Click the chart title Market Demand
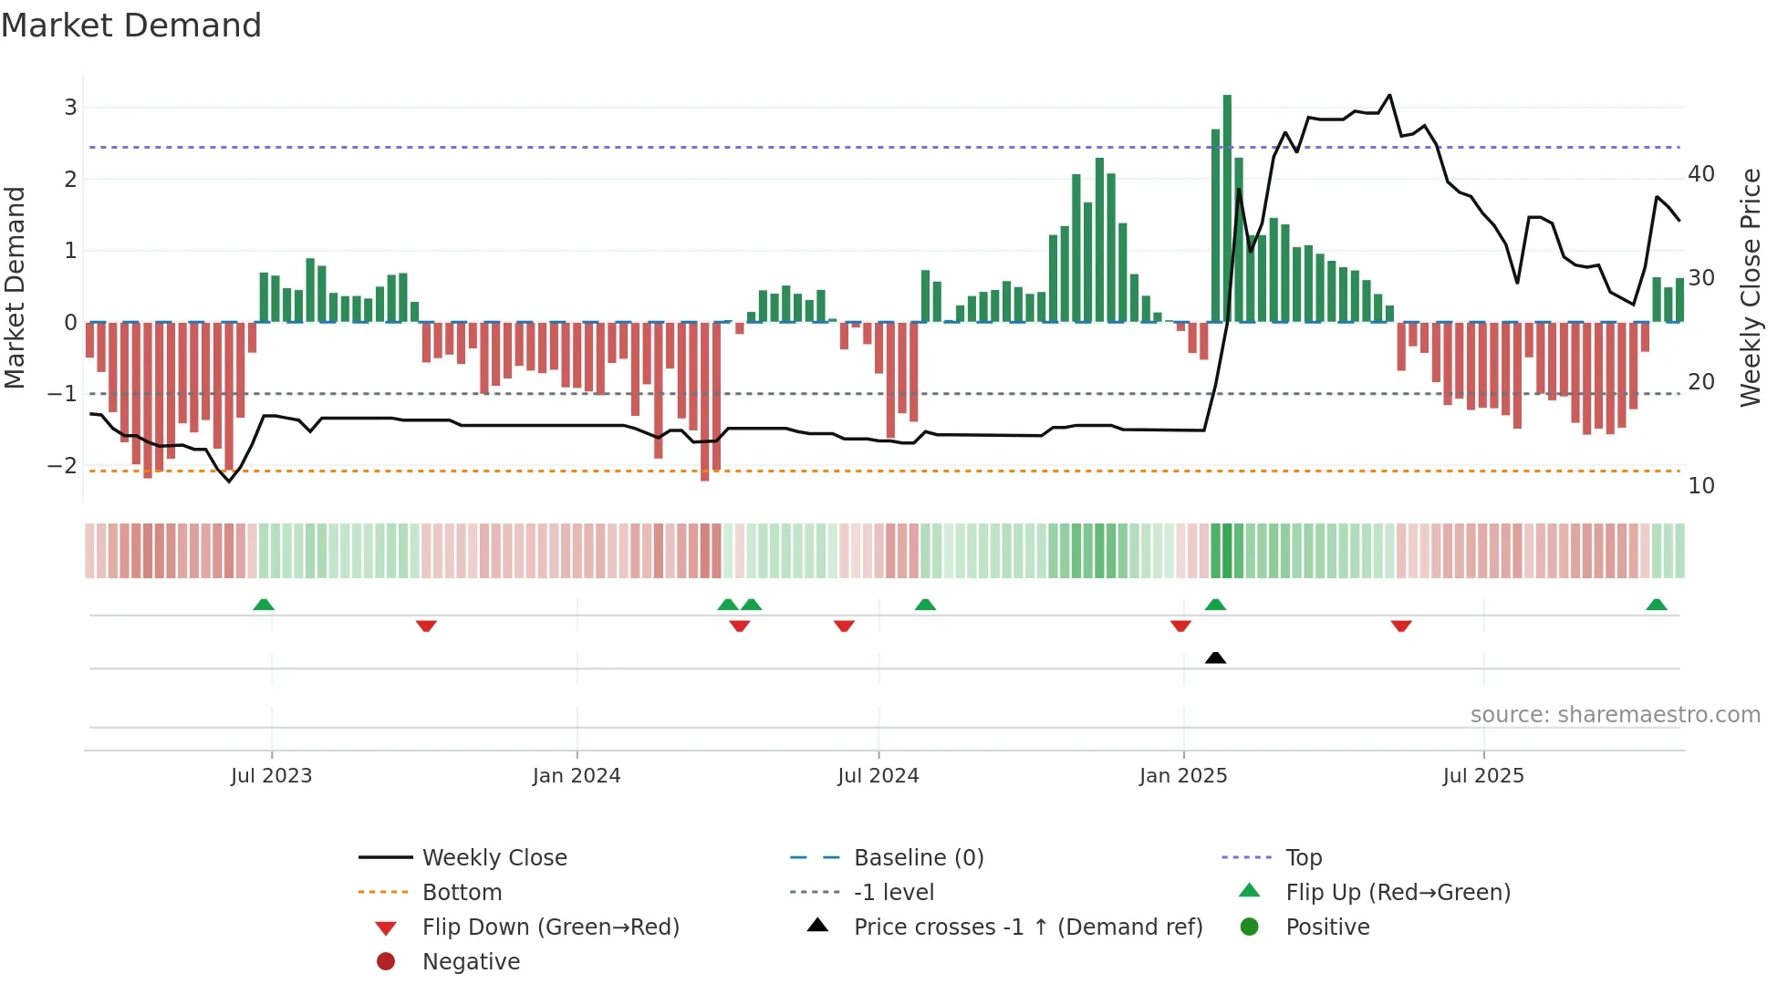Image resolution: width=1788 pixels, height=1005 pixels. pos(131,26)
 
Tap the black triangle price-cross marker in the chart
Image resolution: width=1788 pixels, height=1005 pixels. pos(1215,658)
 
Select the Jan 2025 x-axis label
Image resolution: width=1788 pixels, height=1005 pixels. pos(1183,776)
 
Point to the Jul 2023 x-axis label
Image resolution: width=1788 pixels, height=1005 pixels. pos(271,776)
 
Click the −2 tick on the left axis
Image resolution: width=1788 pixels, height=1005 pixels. pos(62,465)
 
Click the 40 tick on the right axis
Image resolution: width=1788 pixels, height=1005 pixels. pos(1701,173)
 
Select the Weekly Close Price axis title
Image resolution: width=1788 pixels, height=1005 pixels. pos(1750,287)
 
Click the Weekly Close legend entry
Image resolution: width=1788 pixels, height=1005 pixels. pos(494,857)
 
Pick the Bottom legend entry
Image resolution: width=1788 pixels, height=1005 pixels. pos(462,892)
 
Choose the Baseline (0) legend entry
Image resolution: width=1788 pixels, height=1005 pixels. pos(918,857)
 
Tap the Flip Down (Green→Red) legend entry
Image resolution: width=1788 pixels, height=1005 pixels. pos(550,927)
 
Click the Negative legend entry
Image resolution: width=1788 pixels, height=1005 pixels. pos(471,961)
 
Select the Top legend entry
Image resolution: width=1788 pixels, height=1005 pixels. pos(1304,857)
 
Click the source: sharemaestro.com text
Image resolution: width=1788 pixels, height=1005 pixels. pos(1615,714)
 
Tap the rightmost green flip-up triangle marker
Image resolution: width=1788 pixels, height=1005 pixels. pos(1657,605)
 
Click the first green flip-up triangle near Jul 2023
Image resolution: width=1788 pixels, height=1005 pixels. pos(264,605)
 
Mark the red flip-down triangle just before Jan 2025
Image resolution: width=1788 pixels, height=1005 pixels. pos(1180,626)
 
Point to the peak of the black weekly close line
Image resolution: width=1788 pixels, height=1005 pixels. pos(1389,95)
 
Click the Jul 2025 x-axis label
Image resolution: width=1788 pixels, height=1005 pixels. pos(1483,776)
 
